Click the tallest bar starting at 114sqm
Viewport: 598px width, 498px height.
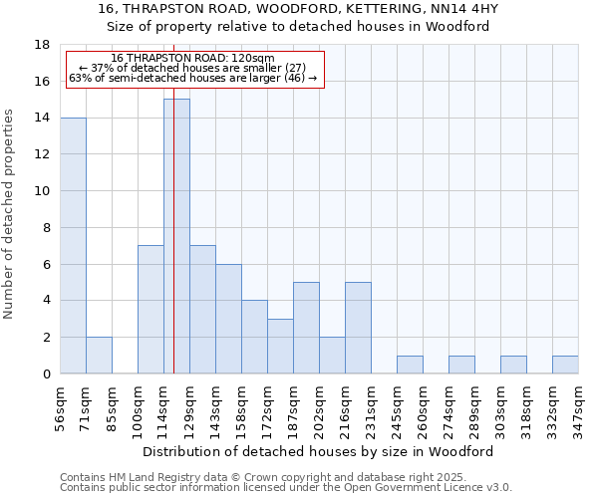[176, 236]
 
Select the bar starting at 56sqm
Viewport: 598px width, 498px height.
[73, 245]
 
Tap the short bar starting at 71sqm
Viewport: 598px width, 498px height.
[99, 356]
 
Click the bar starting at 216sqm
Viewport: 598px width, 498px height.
[358, 328]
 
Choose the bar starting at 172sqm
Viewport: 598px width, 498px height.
[280, 346]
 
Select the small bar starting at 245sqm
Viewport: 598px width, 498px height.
[410, 365]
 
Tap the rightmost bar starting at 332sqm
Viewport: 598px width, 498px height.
[565, 365]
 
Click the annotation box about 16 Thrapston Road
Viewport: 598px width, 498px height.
[194, 69]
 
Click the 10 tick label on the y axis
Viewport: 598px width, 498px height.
[43, 191]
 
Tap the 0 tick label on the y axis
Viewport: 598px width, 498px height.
[47, 374]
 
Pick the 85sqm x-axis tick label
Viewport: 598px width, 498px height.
[112, 405]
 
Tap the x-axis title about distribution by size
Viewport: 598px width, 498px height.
[319, 451]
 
